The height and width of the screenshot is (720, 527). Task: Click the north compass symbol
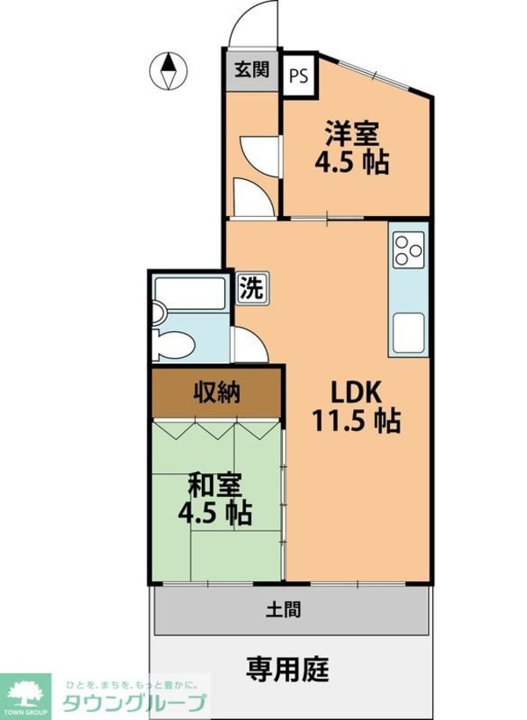coord(169,71)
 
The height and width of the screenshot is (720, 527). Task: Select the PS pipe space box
coord(299,76)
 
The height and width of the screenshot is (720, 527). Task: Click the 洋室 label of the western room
coord(352,133)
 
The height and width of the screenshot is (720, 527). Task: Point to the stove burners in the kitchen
coord(408,250)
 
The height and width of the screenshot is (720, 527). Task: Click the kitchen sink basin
coord(408,333)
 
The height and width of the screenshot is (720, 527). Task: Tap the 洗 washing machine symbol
coord(252,288)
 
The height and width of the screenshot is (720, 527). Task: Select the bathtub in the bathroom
coord(190,292)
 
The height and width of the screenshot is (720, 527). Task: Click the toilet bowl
coord(174,345)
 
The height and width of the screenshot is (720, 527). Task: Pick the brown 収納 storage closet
coord(216,393)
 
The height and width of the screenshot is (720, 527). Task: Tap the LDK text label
coord(357,392)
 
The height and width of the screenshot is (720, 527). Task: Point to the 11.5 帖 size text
coord(357,421)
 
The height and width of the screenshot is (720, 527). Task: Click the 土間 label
coord(284,609)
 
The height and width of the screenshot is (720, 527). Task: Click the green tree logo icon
coord(25,692)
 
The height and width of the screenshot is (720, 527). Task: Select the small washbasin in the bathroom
coord(158,313)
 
